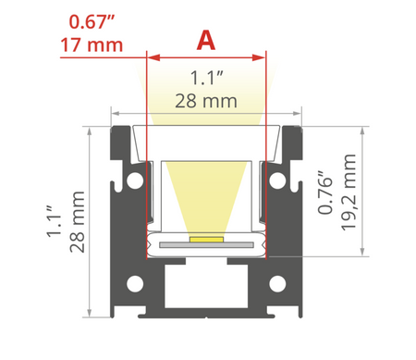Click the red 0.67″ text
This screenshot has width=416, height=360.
(x=92, y=19)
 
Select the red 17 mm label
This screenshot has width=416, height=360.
(x=93, y=43)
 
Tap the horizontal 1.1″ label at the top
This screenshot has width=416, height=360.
(x=206, y=79)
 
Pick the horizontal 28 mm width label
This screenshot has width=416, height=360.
(x=206, y=100)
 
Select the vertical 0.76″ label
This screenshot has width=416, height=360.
(x=324, y=191)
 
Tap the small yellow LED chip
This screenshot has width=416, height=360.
(x=205, y=239)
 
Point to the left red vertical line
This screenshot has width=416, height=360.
(x=148, y=157)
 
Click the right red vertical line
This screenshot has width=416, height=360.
(x=265, y=157)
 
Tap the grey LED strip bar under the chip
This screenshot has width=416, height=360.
(x=206, y=245)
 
